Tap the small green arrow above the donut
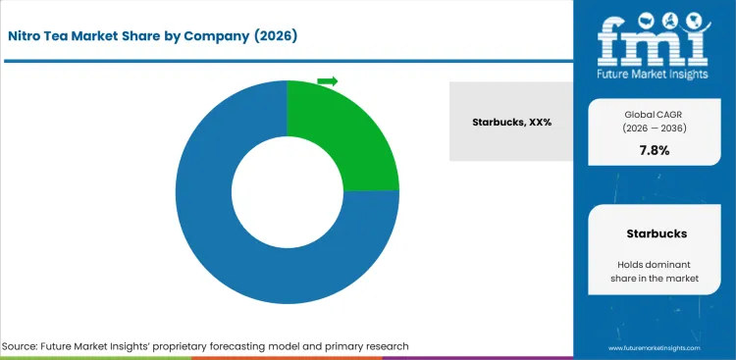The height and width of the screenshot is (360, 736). (x=328, y=80)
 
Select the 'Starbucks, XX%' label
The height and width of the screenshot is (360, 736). (x=511, y=123)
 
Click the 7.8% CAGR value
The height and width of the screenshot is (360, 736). (x=654, y=150)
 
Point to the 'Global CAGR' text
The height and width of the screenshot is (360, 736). (x=654, y=115)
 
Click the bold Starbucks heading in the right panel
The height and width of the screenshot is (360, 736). (x=655, y=234)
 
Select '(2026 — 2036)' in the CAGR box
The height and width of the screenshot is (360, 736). (x=654, y=129)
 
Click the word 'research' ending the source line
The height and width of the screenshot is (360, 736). (x=384, y=346)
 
